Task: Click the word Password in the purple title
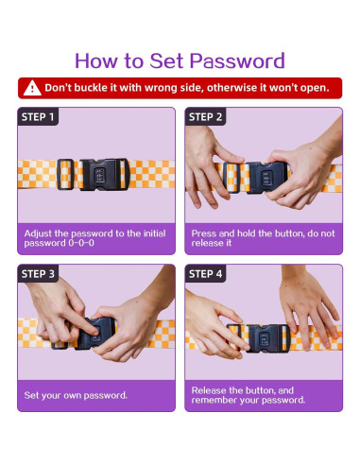pos(237,60)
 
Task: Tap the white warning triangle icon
pos(32,88)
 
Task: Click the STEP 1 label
pos(38,117)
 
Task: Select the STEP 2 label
pos(205,117)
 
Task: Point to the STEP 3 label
pos(38,274)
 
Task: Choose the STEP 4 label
pos(205,274)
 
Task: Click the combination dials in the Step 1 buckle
pos(100,176)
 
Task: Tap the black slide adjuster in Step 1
pos(65,174)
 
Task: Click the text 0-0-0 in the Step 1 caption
pos(81,243)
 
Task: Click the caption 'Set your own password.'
pos(76,395)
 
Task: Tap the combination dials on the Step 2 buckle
pos(266,178)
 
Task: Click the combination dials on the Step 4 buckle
pos(264,338)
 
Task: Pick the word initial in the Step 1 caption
pos(155,233)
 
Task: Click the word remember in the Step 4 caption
pos(214,400)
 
